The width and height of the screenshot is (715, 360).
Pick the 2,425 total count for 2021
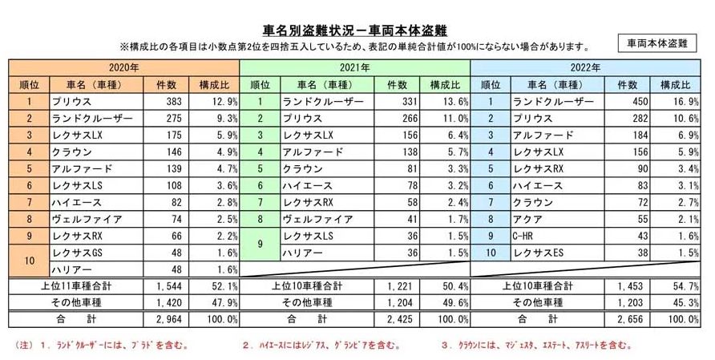click(398, 318)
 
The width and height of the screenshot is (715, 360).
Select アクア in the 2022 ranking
click(521, 219)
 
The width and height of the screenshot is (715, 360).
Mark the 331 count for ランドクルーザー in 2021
click(401, 103)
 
